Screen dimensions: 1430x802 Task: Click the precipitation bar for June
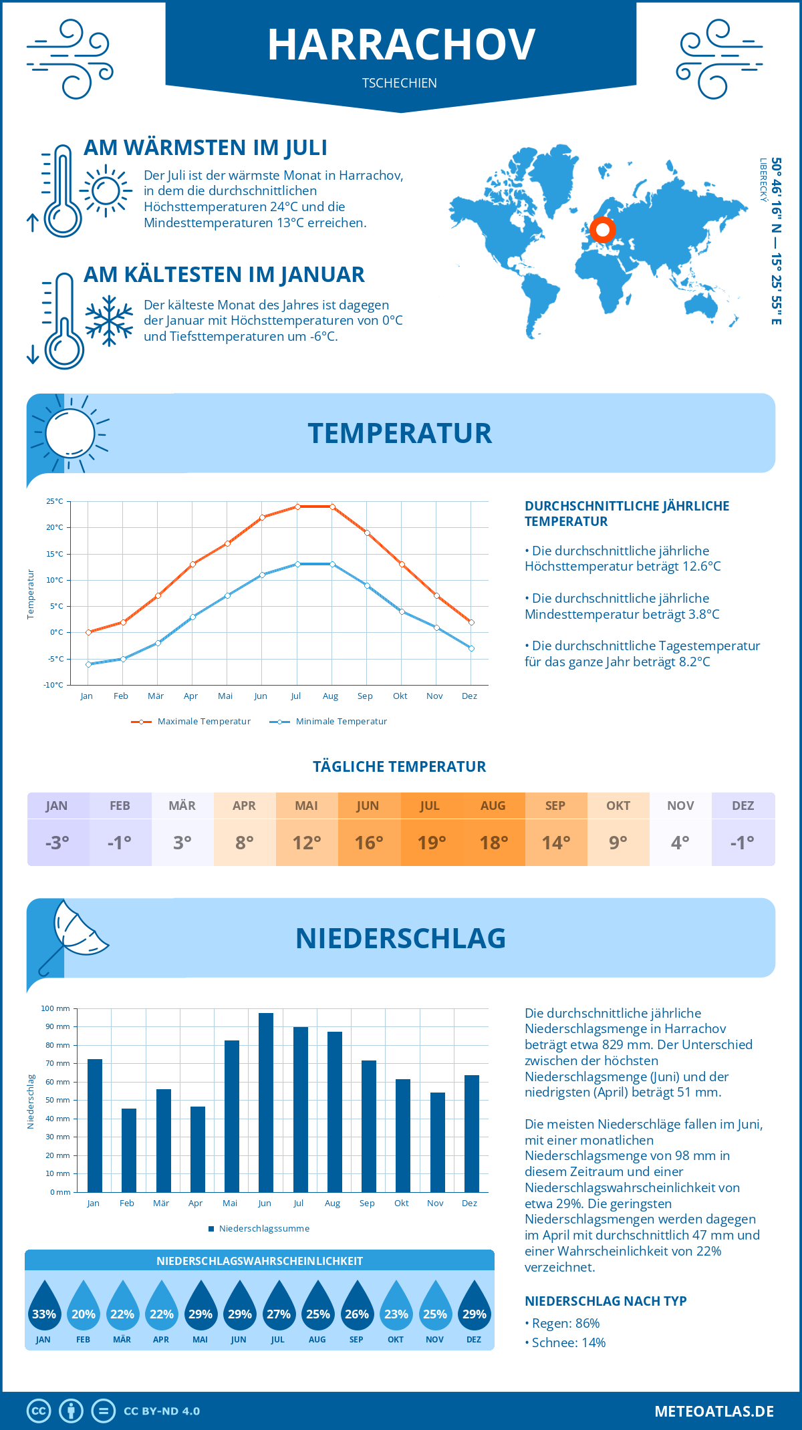[x=266, y=1103]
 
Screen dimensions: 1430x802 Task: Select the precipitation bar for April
[x=198, y=1149]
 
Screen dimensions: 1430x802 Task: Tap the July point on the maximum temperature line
[x=297, y=507]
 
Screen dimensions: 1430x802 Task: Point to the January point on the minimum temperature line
[x=88, y=664]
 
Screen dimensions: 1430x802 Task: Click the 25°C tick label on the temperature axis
[x=55, y=501]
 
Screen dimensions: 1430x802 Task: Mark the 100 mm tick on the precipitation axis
[x=55, y=1008]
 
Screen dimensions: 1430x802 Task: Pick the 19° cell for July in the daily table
[x=431, y=843]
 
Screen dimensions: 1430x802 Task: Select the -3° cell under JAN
[x=57, y=843]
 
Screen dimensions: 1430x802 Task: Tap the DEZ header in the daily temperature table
[x=743, y=806]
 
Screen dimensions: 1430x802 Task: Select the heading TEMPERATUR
[x=400, y=433]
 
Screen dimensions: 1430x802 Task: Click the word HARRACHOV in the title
[x=401, y=45]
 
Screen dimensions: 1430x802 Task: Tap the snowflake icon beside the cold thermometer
[x=109, y=321]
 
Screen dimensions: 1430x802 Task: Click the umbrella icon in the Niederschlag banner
[x=72, y=934]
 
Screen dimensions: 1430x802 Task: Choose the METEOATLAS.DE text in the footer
[x=714, y=1411]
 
